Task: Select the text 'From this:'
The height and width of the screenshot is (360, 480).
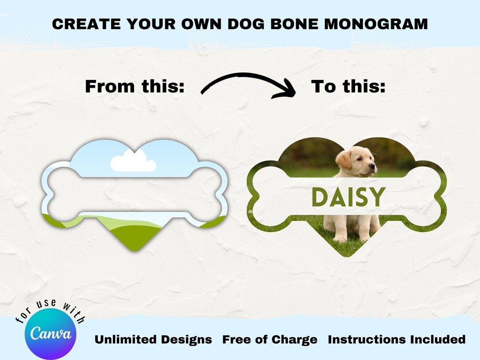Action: tap(134, 86)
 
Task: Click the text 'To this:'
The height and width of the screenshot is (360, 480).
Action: tap(348, 86)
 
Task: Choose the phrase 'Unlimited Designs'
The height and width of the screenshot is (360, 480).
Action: tap(153, 340)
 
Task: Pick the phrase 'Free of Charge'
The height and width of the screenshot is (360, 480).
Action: tap(270, 340)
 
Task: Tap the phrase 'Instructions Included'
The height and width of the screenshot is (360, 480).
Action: tap(396, 340)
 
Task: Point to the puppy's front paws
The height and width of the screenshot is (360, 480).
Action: tap(347, 238)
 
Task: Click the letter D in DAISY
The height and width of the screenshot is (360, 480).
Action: tap(319, 197)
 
